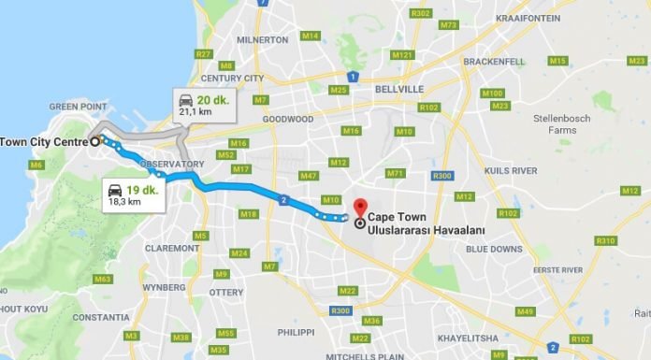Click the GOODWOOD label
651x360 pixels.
tap(287, 120)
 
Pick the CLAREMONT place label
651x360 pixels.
tap(171, 249)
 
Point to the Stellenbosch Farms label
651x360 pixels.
tap(564, 124)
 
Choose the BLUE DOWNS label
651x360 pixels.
tap(493, 249)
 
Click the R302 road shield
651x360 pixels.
tap(421, 12)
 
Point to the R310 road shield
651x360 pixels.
tap(605, 240)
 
